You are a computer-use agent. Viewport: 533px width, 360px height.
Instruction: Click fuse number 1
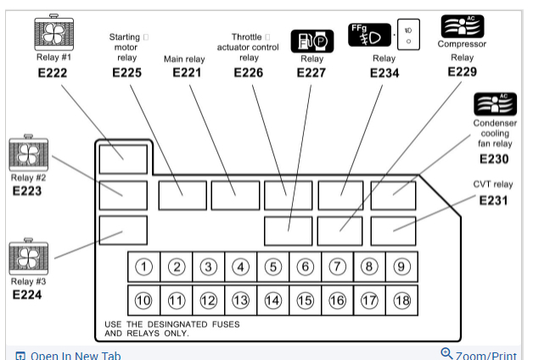click(144, 267)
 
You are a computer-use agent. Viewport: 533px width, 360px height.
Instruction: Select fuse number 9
click(401, 267)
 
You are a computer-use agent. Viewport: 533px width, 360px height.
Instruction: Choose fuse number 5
click(272, 267)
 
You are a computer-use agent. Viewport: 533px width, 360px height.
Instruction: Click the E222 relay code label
click(52, 72)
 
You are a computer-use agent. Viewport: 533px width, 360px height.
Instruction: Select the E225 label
click(126, 72)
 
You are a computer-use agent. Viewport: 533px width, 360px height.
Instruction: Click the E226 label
click(249, 72)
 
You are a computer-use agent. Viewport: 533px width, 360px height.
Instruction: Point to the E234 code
click(384, 72)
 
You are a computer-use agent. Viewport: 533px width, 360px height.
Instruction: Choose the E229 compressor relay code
click(462, 71)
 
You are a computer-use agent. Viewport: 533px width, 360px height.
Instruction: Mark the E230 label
click(494, 158)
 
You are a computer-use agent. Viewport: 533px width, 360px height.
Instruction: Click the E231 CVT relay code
click(493, 200)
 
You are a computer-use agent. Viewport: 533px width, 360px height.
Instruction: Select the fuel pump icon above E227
click(312, 41)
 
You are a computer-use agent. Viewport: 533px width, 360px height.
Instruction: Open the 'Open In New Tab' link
click(69, 354)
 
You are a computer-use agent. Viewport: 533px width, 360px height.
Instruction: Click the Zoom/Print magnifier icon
click(446, 353)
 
